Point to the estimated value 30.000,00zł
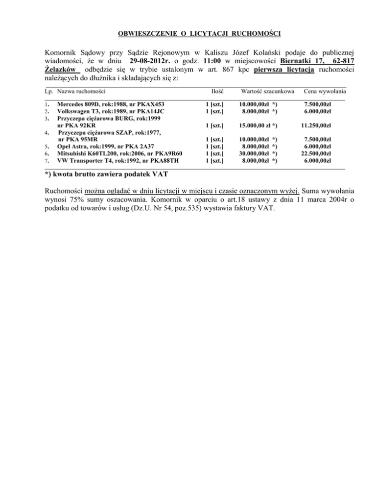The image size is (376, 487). pyautogui.click(x=255, y=153)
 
